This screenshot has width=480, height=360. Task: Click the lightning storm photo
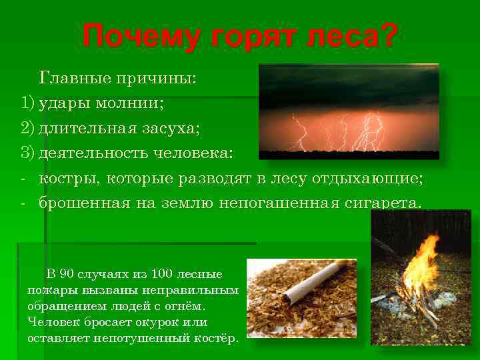(348, 111)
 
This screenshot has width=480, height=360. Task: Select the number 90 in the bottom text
(67, 275)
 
